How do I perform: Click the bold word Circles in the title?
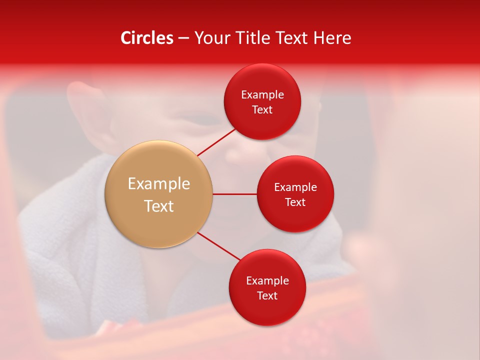point(146,38)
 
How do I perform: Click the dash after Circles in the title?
point(183,38)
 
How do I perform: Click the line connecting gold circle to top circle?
point(216,142)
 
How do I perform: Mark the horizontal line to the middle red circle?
point(234,194)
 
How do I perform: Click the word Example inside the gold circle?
point(158,184)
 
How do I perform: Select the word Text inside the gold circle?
point(158,206)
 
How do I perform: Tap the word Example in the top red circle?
point(262,94)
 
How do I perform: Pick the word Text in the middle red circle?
point(295,202)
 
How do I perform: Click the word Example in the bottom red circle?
point(267,280)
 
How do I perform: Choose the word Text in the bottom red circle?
point(267,295)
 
